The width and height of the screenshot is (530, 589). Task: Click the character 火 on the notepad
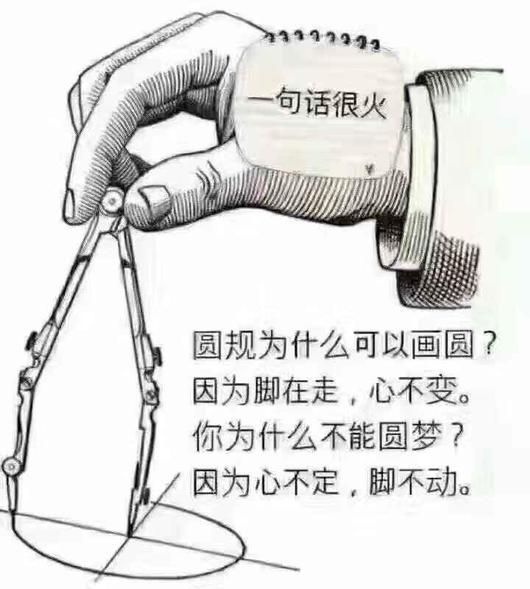[373, 104]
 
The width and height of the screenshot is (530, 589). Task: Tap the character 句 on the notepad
[290, 101]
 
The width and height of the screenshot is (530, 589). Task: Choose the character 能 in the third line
[363, 437]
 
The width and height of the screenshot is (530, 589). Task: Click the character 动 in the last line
[442, 482]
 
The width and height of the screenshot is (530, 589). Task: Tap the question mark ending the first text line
[487, 345]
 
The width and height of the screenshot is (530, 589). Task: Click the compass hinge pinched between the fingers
[113, 200]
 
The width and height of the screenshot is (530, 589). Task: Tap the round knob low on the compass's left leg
[11, 467]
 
